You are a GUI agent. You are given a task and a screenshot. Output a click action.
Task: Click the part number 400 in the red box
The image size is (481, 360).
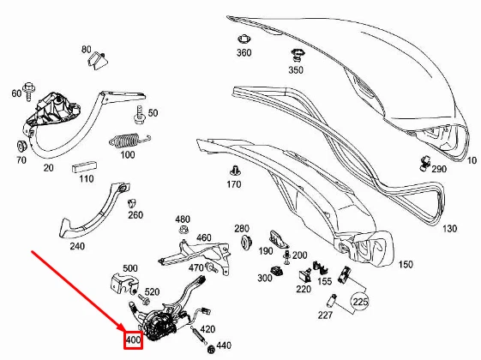(x=133, y=339)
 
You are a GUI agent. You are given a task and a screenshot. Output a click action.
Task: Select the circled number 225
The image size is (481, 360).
(x=360, y=302)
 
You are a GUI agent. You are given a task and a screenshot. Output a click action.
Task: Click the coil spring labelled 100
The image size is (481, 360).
(x=129, y=140)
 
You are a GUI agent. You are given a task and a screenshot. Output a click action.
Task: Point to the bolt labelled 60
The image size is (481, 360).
(x=29, y=91)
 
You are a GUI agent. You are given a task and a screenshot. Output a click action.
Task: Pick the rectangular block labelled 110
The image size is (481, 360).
(x=85, y=167)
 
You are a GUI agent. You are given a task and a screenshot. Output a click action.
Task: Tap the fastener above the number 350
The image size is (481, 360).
(x=297, y=55)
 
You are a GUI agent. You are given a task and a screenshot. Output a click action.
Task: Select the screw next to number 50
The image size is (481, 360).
(x=140, y=115)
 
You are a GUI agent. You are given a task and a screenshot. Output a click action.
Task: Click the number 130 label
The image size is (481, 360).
(x=449, y=229)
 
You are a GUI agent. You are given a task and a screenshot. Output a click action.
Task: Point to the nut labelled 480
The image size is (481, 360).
(x=183, y=230)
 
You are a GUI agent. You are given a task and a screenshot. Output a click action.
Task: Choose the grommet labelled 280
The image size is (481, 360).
(x=246, y=241)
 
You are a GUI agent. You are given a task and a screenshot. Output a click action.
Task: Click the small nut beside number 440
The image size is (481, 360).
(x=211, y=349)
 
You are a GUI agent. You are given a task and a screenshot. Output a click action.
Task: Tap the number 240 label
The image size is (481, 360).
(x=77, y=246)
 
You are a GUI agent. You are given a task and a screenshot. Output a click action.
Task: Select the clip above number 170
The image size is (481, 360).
(x=235, y=171)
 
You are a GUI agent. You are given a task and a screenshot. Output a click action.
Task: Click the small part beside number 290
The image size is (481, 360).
(x=425, y=163)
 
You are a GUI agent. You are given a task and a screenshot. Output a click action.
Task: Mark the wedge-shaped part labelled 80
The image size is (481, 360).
(x=98, y=60)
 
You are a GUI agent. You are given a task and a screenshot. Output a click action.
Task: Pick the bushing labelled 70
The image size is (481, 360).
(x=21, y=147)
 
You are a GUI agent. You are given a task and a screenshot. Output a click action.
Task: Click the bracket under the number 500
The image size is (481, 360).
(x=124, y=284)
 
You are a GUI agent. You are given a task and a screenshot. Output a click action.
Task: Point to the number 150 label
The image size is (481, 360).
(x=406, y=264)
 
